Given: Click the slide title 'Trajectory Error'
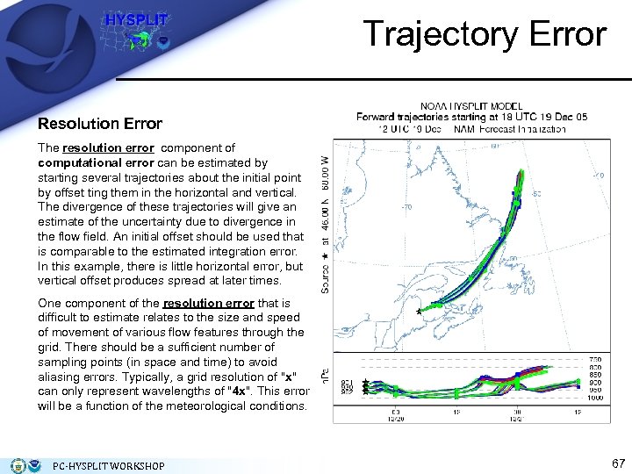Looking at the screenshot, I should point(485,34).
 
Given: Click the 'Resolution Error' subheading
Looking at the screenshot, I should point(100,124).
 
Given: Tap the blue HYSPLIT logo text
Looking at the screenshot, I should point(125,19).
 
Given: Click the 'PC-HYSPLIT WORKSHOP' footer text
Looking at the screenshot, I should point(109,465).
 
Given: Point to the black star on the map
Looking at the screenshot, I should point(420,310).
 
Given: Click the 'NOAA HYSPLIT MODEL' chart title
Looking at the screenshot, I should point(470,105).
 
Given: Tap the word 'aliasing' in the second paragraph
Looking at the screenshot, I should point(61,377).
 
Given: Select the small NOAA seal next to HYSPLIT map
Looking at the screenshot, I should point(162,42).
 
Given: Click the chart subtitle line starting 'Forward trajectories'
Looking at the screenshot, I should point(470,117).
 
